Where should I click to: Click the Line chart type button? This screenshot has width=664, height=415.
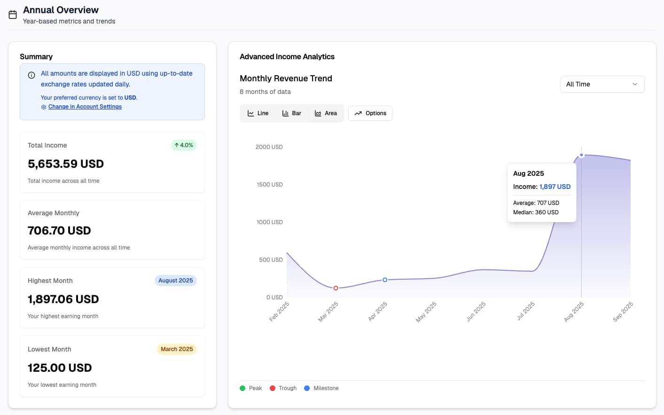(258, 113)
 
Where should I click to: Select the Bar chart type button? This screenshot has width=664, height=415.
(291, 113)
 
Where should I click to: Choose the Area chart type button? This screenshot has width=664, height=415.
(326, 113)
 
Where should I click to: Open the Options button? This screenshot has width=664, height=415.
(370, 113)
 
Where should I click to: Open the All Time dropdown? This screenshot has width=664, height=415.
(602, 84)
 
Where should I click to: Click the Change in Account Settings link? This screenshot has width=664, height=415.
(85, 107)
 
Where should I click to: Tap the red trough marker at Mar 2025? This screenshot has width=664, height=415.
(336, 288)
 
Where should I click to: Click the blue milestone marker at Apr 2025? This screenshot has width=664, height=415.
(385, 280)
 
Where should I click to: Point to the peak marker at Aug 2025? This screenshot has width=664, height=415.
(581, 155)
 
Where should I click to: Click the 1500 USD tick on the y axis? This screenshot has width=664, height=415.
(270, 185)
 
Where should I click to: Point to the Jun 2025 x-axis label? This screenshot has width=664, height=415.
(476, 312)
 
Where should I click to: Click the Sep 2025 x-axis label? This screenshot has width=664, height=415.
(623, 312)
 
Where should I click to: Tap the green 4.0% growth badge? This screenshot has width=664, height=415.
(184, 145)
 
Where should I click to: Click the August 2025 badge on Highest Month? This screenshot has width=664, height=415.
(175, 281)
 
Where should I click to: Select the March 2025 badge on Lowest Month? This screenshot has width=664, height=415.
(177, 349)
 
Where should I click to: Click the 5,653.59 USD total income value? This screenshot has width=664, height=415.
(66, 164)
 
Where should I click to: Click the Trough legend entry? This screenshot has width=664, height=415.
(283, 388)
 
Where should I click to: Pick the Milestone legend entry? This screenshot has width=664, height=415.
(321, 388)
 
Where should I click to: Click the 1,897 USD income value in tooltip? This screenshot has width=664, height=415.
(555, 187)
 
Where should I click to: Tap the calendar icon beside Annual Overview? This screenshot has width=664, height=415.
(13, 15)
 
